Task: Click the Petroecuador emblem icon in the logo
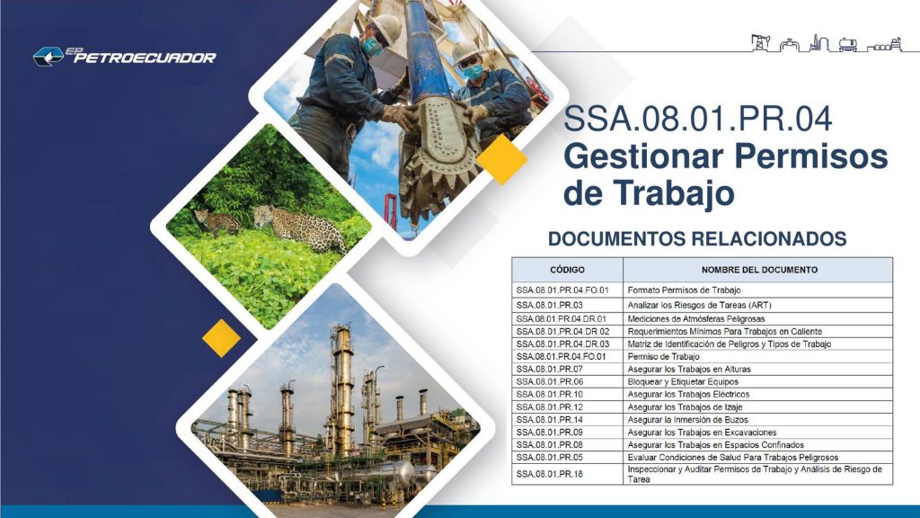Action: coord(49,57)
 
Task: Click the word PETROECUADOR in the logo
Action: coord(145,58)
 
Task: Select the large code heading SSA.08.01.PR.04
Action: coord(697,118)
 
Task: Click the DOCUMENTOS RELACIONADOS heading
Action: coord(697,238)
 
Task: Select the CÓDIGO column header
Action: coord(567,270)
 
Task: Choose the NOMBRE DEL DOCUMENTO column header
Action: coord(759,270)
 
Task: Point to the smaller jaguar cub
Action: coord(216,222)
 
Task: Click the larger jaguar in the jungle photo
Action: coord(299,228)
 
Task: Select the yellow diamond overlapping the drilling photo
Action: coord(502,160)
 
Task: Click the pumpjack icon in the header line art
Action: coord(760,43)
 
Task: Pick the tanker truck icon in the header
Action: coord(848,45)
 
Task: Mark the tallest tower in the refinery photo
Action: coord(342,388)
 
